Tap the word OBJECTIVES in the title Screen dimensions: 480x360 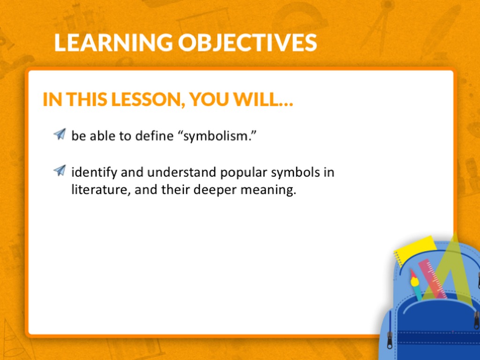247,42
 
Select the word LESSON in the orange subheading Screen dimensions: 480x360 148,99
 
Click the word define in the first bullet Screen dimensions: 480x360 154,135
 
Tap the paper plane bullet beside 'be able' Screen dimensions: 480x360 60,134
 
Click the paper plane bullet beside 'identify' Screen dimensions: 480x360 60,171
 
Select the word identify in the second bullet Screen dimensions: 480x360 94,172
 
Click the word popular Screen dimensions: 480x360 244,173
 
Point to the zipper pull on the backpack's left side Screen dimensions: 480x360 390,340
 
